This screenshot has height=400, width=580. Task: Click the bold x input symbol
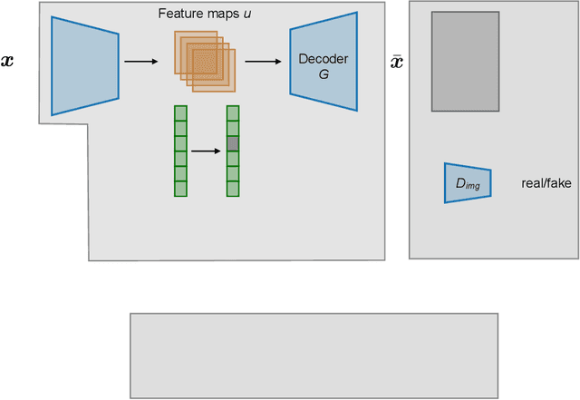tap(7, 61)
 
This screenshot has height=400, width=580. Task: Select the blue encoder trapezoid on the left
tap(85, 66)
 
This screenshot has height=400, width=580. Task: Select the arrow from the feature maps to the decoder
tap(263, 62)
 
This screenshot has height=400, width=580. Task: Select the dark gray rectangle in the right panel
tap(465, 62)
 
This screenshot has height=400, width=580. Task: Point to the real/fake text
tap(546, 183)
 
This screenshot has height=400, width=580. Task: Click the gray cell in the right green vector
tap(233, 143)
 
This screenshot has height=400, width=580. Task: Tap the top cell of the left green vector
tap(180, 113)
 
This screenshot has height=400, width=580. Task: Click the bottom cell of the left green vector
tap(180, 189)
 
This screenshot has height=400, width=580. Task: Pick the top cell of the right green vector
tap(233, 113)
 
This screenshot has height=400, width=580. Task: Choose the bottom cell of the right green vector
tap(233, 189)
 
